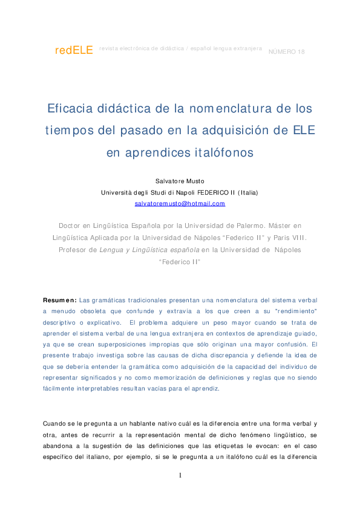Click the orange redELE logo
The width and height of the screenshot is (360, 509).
pyautogui.click(x=74, y=51)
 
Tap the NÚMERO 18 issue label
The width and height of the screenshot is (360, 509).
pyautogui.click(x=286, y=51)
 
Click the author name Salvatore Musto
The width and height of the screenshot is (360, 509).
pyautogui.click(x=180, y=181)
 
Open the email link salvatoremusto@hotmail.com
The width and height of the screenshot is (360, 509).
pyautogui.click(x=180, y=204)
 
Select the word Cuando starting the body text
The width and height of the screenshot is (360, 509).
pyautogui.click(x=55, y=423)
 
